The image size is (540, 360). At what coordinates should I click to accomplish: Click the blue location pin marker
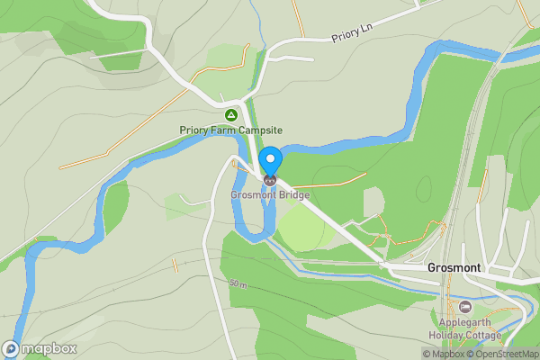pos(270,163)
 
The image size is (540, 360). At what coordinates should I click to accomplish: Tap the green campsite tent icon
pos(231,115)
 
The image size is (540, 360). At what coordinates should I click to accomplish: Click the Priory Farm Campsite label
pos(230,130)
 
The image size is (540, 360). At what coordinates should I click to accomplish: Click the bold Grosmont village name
pos(454,268)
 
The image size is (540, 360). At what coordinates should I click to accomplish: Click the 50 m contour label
pos(238,284)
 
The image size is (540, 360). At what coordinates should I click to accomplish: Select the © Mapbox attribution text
pos(445,354)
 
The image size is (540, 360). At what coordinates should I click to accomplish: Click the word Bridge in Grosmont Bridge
pos(293,194)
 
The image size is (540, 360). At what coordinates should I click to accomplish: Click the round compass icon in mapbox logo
pos(12,348)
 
